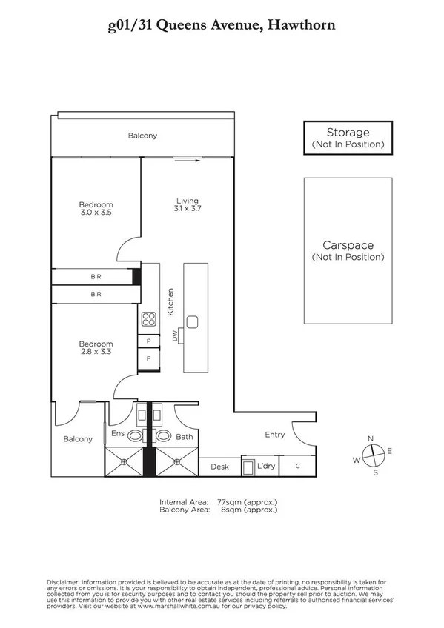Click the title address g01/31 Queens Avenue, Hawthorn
(x=222, y=25)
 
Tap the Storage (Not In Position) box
(x=348, y=138)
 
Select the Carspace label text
(x=348, y=245)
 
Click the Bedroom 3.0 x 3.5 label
(x=96, y=209)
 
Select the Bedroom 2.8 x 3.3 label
(x=96, y=348)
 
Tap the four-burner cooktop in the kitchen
(x=149, y=320)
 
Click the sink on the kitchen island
(x=192, y=321)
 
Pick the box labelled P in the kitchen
(x=149, y=341)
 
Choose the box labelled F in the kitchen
(x=149, y=359)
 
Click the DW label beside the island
(x=176, y=336)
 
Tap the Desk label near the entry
(x=219, y=467)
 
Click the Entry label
(x=274, y=435)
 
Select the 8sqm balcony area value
(x=228, y=510)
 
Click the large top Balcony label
(x=142, y=136)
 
